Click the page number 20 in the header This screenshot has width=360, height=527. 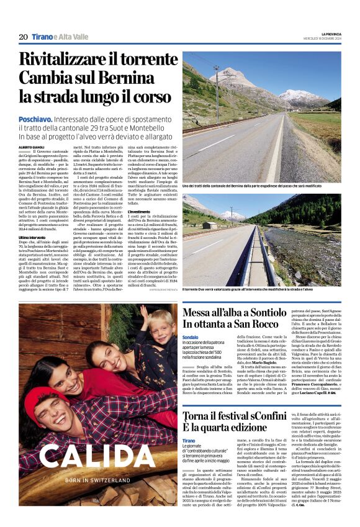pyautogui.click(x=23, y=37)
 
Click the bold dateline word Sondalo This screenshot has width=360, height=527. pyautogui.click(x=191, y=336)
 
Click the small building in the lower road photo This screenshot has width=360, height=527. pyautogui.click(x=210, y=226)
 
